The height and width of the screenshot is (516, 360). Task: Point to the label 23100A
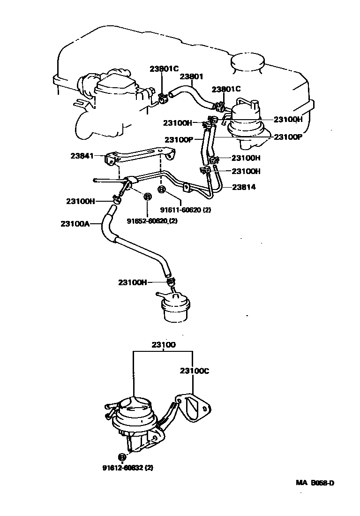coord(74,224)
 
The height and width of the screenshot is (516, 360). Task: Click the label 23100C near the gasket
coord(194,371)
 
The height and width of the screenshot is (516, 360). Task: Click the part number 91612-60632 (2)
coord(127,467)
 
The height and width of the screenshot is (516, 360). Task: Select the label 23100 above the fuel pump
coord(163,345)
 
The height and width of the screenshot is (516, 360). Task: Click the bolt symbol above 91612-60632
coord(121,456)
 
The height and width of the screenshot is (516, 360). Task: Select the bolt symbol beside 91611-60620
coord(162,190)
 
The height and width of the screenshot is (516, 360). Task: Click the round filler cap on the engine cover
coord(247,64)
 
